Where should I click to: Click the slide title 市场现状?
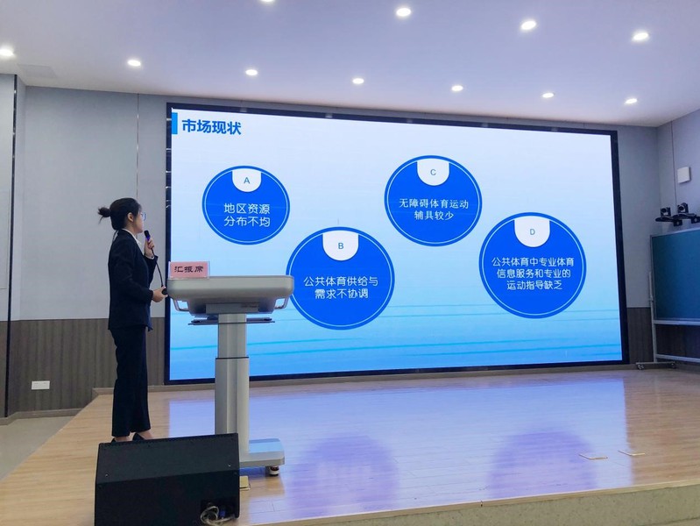211,127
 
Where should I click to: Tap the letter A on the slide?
246,181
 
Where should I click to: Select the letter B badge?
341,245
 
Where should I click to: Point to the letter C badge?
433,172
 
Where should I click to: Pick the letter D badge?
532,231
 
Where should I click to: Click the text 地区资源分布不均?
247,215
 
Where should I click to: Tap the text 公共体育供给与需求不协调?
341,288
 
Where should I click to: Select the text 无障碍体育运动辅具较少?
434,210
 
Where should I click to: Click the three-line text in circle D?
533,273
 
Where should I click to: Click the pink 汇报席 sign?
189,269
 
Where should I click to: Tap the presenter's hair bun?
104,212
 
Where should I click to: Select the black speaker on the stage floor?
168,479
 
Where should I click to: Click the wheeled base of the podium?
264,456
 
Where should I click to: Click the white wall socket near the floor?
40,385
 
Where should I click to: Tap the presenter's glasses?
141,217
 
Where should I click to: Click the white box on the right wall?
683,175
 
